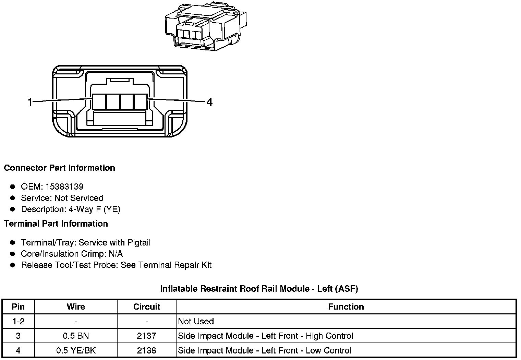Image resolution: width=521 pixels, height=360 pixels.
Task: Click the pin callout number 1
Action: pos(30,102)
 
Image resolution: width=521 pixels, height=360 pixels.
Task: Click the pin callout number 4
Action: pos(209,102)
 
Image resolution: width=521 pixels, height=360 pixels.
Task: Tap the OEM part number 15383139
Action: pos(64,187)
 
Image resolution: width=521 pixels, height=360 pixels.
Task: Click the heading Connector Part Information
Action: pos(59,168)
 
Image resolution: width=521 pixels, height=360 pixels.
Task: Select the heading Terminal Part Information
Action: pos(56,224)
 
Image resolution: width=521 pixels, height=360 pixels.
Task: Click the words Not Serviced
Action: pos(79,198)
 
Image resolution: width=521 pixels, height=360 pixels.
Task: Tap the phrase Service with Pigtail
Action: pos(114,242)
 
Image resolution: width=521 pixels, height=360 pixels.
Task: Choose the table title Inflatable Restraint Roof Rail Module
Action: pos(259,289)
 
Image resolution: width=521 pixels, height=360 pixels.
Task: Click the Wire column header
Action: pos(76,307)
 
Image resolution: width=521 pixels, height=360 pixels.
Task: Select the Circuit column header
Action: pos(146,307)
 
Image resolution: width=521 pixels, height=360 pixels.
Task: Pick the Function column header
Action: pos(346,307)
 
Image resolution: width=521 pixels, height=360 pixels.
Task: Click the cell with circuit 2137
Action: pos(146,336)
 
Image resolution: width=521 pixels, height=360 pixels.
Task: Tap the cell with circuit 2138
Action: pos(146,350)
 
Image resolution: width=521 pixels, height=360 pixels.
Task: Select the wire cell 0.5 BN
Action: pos(76,336)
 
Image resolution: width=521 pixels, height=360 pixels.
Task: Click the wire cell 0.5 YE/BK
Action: pos(76,350)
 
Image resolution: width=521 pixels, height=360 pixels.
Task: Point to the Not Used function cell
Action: pos(196,321)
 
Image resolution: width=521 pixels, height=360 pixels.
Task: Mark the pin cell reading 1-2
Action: pos(18,321)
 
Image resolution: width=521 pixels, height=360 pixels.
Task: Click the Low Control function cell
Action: pos(265,350)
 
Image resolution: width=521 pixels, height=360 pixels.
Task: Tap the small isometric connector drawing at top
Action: pos(205,26)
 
